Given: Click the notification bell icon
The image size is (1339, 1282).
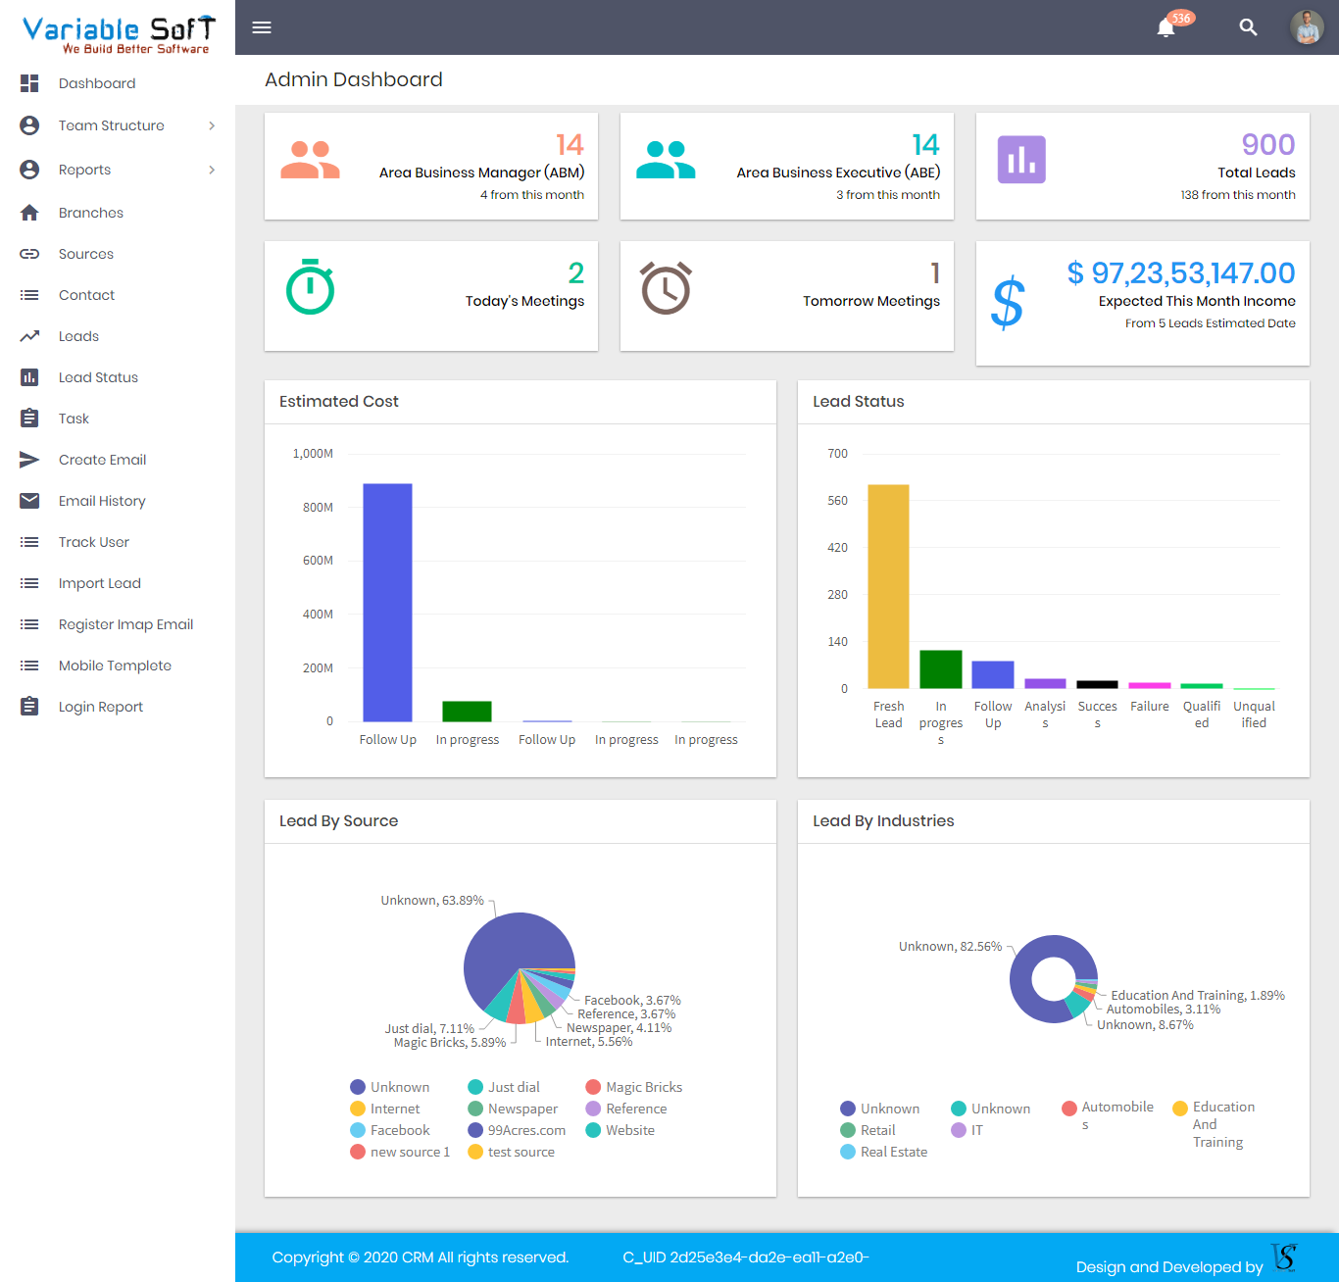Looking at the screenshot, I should (1165, 27).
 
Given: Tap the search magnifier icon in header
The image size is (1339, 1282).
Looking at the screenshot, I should (1248, 27).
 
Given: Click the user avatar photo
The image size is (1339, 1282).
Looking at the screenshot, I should (1307, 27).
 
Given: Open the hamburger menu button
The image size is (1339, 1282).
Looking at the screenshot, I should (262, 27).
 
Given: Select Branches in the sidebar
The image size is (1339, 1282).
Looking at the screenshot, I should (90, 213).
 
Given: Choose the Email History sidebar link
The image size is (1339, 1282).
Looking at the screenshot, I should (101, 501).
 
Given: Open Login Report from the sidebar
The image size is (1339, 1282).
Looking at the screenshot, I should (100, 707).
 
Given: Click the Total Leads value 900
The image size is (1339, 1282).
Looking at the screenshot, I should (1267, 145).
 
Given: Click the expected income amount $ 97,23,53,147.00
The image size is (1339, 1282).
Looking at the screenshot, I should (1180, 273).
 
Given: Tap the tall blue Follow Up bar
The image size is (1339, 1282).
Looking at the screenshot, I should (387, 602).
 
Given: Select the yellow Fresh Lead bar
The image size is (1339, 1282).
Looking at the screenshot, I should (888, 586).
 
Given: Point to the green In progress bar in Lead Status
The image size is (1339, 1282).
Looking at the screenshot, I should (941, 669).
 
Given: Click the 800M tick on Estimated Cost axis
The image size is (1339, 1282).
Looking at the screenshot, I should (318, 508).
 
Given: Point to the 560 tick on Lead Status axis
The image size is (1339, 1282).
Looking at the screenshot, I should (837, 501).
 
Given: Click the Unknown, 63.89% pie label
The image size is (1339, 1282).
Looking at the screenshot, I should (431, 901).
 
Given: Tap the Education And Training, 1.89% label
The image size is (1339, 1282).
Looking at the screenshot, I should (1197, 995).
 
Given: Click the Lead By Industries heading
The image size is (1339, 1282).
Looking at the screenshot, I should (883, 821).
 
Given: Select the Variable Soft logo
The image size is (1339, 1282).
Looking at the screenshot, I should (118, 33).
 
